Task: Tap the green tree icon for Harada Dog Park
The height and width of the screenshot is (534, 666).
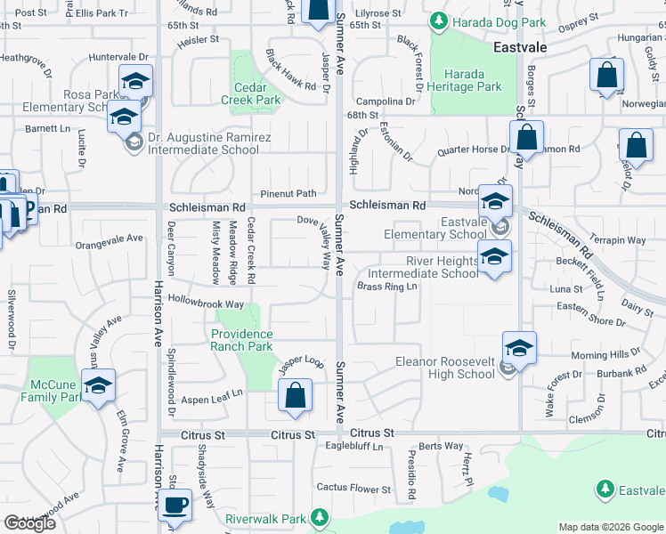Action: [438, 20]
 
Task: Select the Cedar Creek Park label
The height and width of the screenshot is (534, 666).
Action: [257, 93]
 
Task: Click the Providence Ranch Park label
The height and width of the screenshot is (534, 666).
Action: [241, 340]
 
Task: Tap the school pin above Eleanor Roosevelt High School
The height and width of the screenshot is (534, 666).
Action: [519, 347]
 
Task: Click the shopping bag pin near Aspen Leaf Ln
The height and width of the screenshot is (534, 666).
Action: [295, 396]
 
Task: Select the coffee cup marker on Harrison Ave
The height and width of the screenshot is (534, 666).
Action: [175, 505]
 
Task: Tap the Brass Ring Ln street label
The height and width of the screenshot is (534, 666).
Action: [387, 287]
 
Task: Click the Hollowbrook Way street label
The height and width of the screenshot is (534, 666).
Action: [206, 303]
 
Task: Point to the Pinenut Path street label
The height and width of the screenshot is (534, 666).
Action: [288, 193]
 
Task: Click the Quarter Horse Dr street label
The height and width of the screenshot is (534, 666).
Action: [472, 150]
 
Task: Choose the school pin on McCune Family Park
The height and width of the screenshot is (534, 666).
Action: [98, 385]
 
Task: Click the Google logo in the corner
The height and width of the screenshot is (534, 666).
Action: [29, 523]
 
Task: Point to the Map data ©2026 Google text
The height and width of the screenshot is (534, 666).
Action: [610, 527]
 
